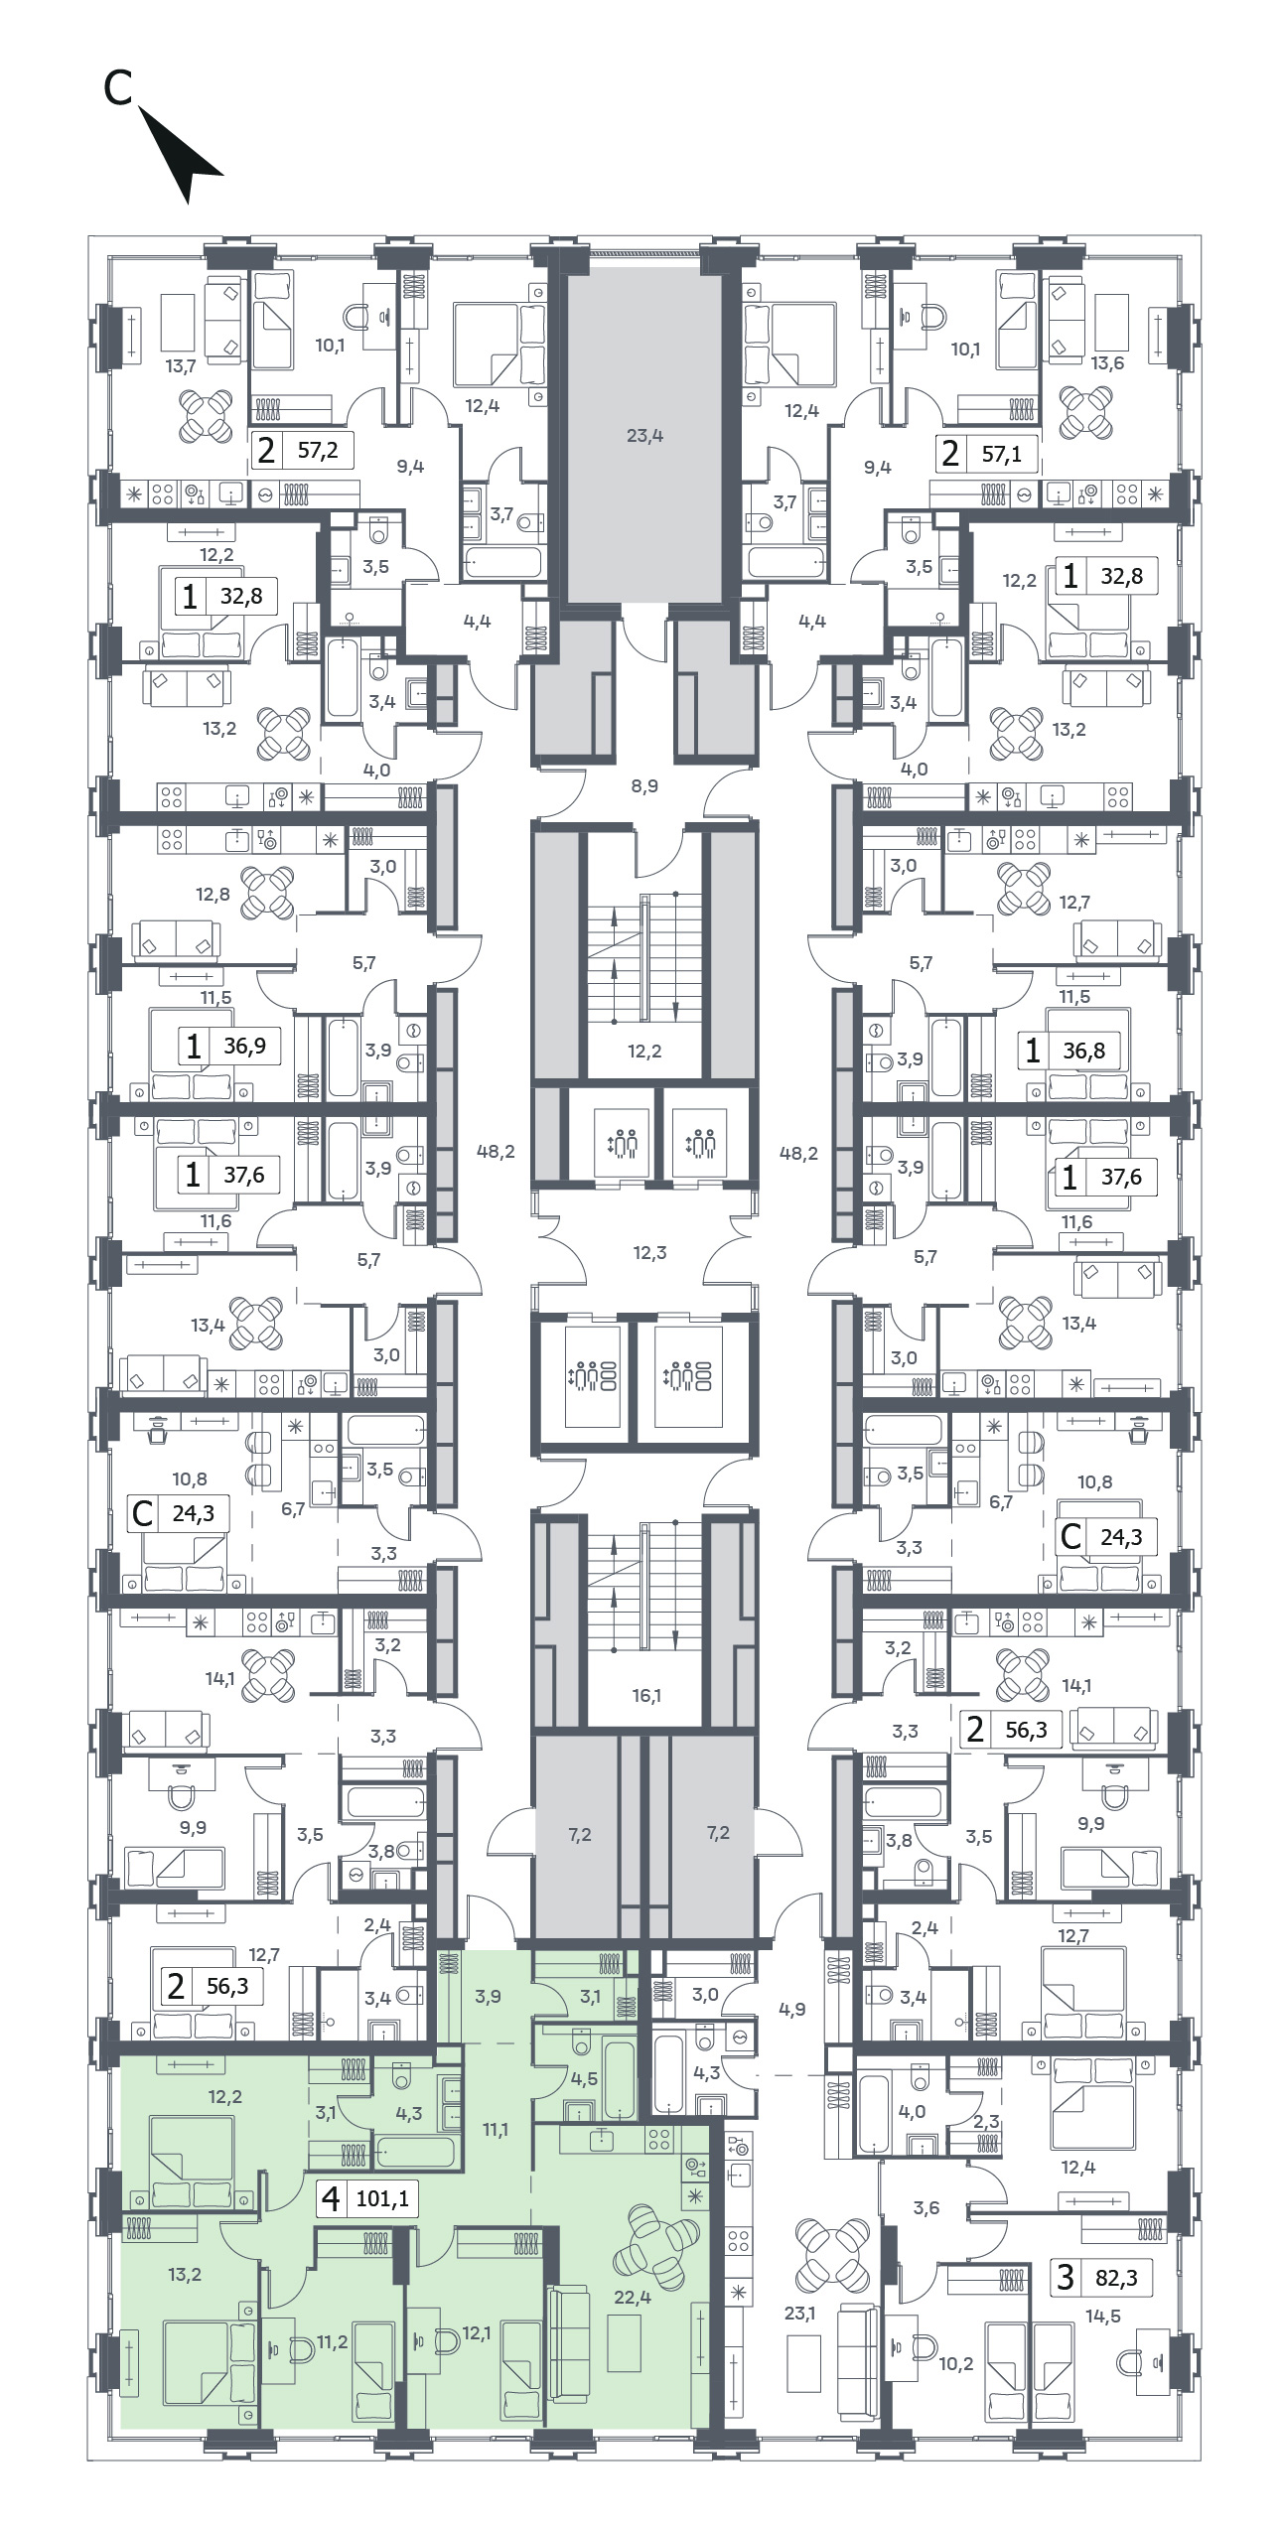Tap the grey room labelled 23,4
coord(643,435)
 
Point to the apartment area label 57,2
coord(318,451)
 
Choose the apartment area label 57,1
coord(1001,456)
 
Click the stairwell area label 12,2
coord(644,1052)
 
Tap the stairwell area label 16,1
coord(645,1696)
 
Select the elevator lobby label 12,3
coord(649,1253)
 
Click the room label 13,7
coord(181,366)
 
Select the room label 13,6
coord(1107,363)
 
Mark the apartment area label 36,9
coord(244,1046)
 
